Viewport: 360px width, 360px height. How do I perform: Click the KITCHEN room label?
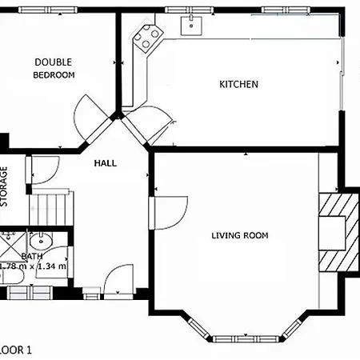click(238, 84)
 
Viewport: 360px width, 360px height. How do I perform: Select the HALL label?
click(105, 163)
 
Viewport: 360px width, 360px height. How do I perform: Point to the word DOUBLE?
click(53, 62)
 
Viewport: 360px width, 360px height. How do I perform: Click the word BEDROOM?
click(53, 75)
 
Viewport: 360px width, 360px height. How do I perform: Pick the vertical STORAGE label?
click(4, 186)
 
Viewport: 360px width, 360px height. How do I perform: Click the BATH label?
click(32, 256)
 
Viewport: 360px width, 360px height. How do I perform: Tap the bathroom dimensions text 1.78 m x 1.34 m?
click(34, 266)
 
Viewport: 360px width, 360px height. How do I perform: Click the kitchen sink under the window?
click(191, 25)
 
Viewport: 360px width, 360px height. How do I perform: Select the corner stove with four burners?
click(146, 37)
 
